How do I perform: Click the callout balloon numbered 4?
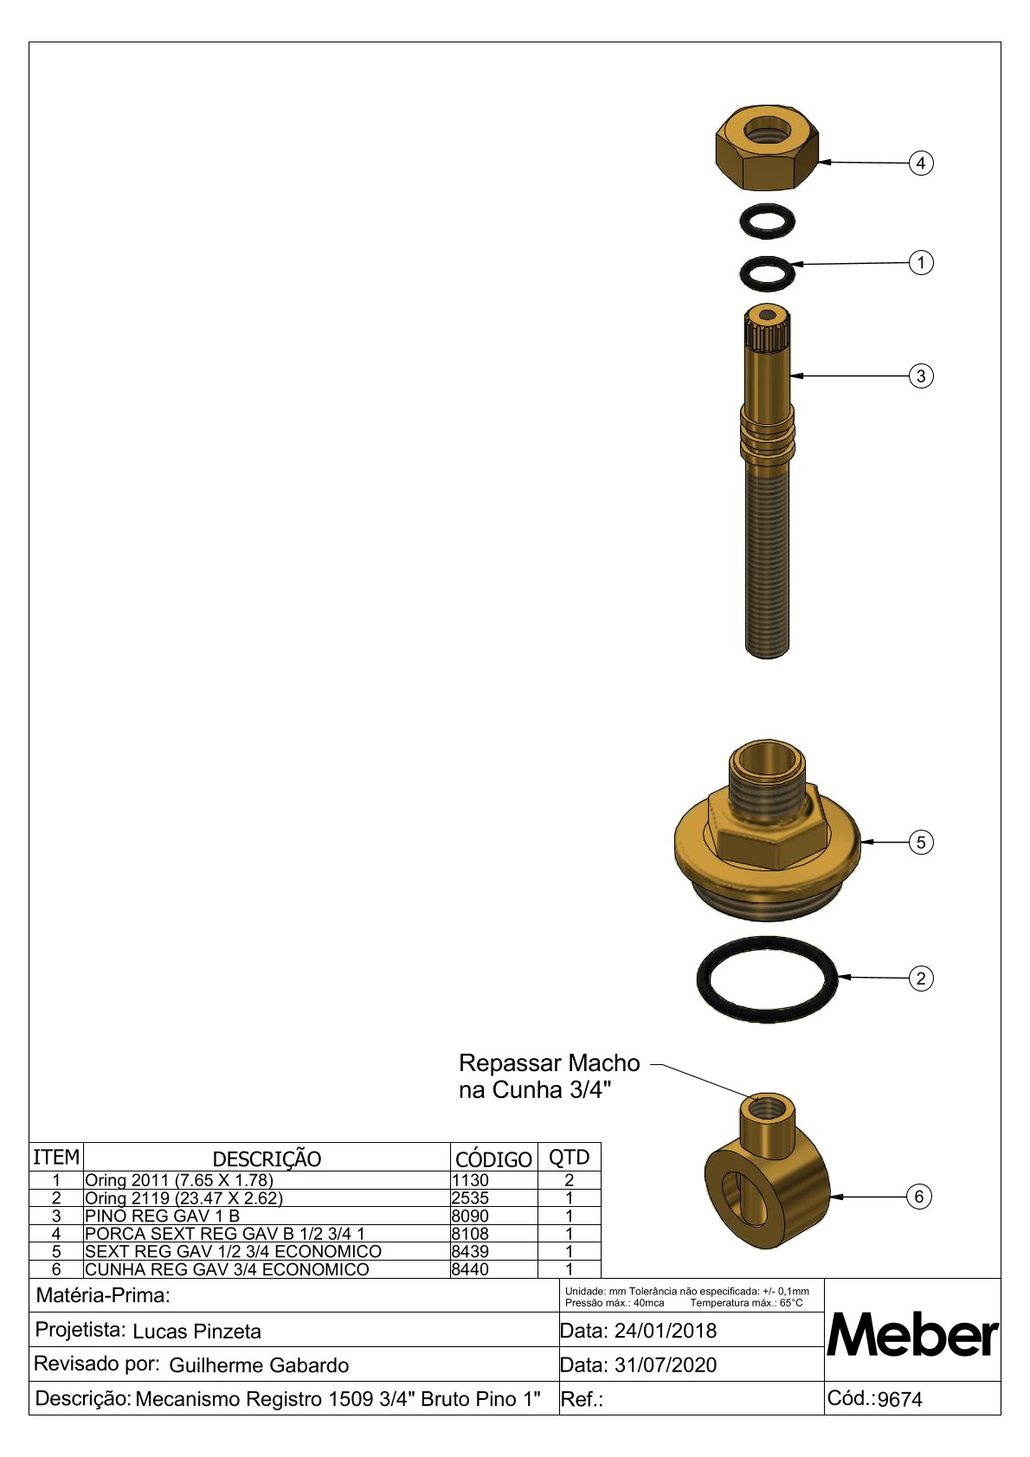point(920,163)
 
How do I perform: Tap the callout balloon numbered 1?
point(920,263)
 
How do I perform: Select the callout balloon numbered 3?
point(920,376)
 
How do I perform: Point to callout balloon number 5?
point(920,843)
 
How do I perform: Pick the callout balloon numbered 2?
point(920,979)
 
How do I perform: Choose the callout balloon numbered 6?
point(918,1197)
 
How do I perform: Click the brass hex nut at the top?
point(767,148)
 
